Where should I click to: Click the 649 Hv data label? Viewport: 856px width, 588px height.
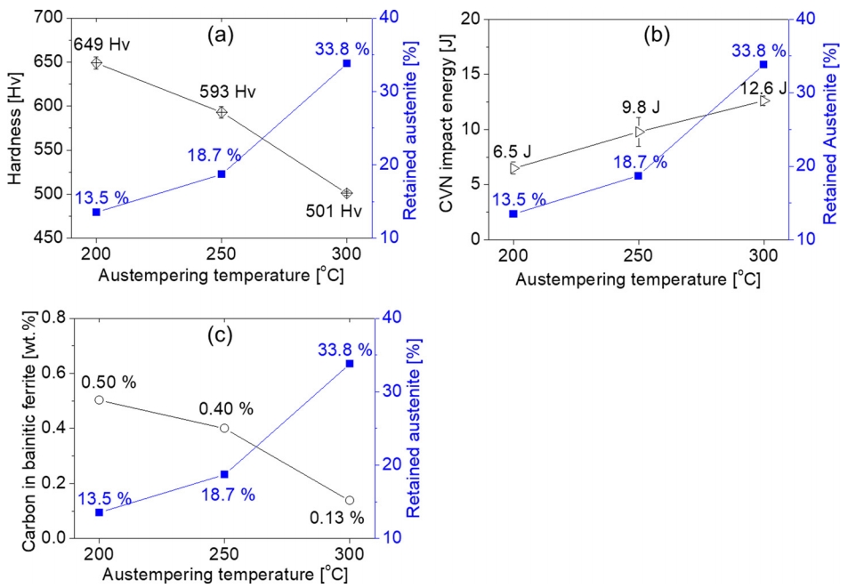pyautogui.click(x=97, y=43)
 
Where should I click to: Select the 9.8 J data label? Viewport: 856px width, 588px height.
pyautogui.click(x=641, y=108)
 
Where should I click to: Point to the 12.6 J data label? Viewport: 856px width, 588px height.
pyautogui.click(x=763, y=87)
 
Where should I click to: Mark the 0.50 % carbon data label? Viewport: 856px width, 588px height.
pyautogui.click(x=109, y=382)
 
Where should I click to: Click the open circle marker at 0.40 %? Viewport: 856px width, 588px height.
pyautogui.click(x=224, y=428)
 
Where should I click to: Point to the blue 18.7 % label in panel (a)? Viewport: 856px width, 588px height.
pyautogui.click(x=214, y=155)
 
